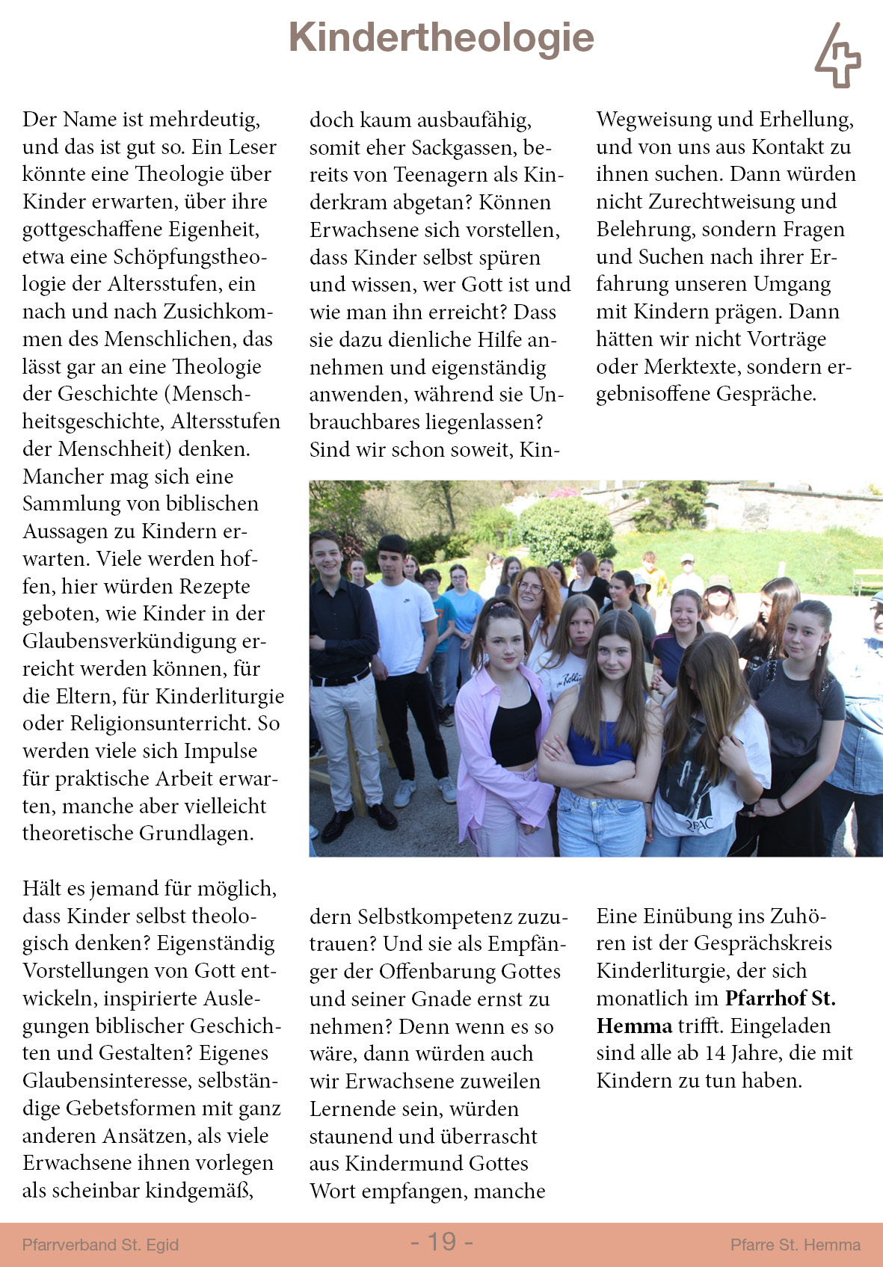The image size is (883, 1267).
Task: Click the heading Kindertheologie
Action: point(441,37)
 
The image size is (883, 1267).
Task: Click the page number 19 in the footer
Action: point(442,1242)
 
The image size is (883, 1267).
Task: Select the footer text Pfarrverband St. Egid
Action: point(100,1245)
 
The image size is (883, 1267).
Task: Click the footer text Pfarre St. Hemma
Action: point(795,1245)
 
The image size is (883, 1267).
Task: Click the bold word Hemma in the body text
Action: point(634,1026)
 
